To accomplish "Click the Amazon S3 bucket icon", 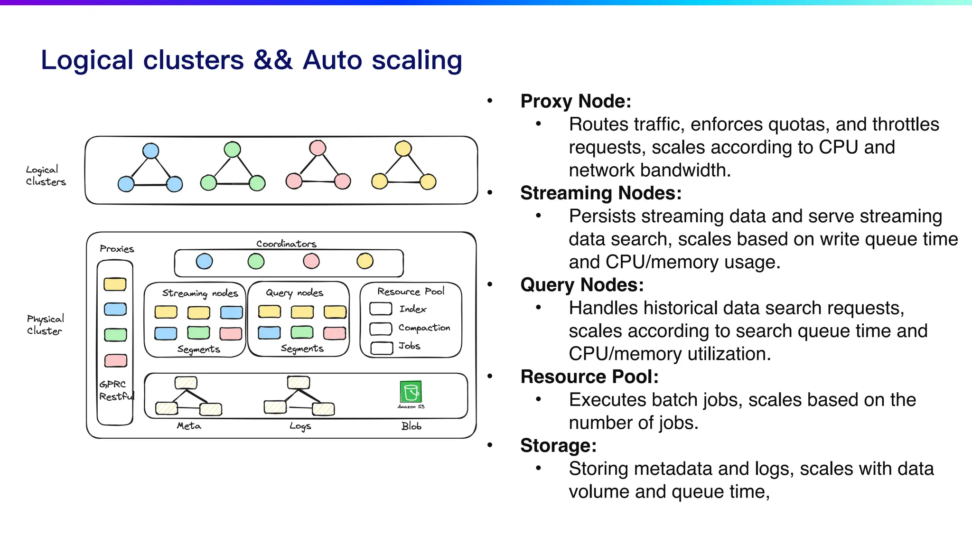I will pos(411,392).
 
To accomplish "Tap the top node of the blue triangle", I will pos(150,151).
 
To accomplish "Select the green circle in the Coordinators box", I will pos(256,261).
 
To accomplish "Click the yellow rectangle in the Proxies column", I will pos(115,284).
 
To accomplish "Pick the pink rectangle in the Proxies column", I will pos(115,360).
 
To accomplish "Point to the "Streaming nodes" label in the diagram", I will pos(200,293).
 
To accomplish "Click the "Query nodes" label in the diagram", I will pos(294,292).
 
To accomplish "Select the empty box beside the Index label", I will pos(381,309).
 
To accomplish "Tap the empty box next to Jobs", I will pos(382,348).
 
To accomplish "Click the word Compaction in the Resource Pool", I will pos(424,328).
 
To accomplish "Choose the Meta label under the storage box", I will pos(189,426).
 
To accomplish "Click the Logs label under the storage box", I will pos(300,426).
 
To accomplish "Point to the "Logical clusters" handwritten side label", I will pos(45,176).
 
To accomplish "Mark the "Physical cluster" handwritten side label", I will pos(45,325).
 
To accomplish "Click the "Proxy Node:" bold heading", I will pos(576,101).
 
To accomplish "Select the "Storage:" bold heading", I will pos(558,445).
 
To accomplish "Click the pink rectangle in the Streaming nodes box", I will pos(231,333).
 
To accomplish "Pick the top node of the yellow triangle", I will pos(403,149).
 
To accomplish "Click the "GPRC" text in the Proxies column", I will pos(112,384).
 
